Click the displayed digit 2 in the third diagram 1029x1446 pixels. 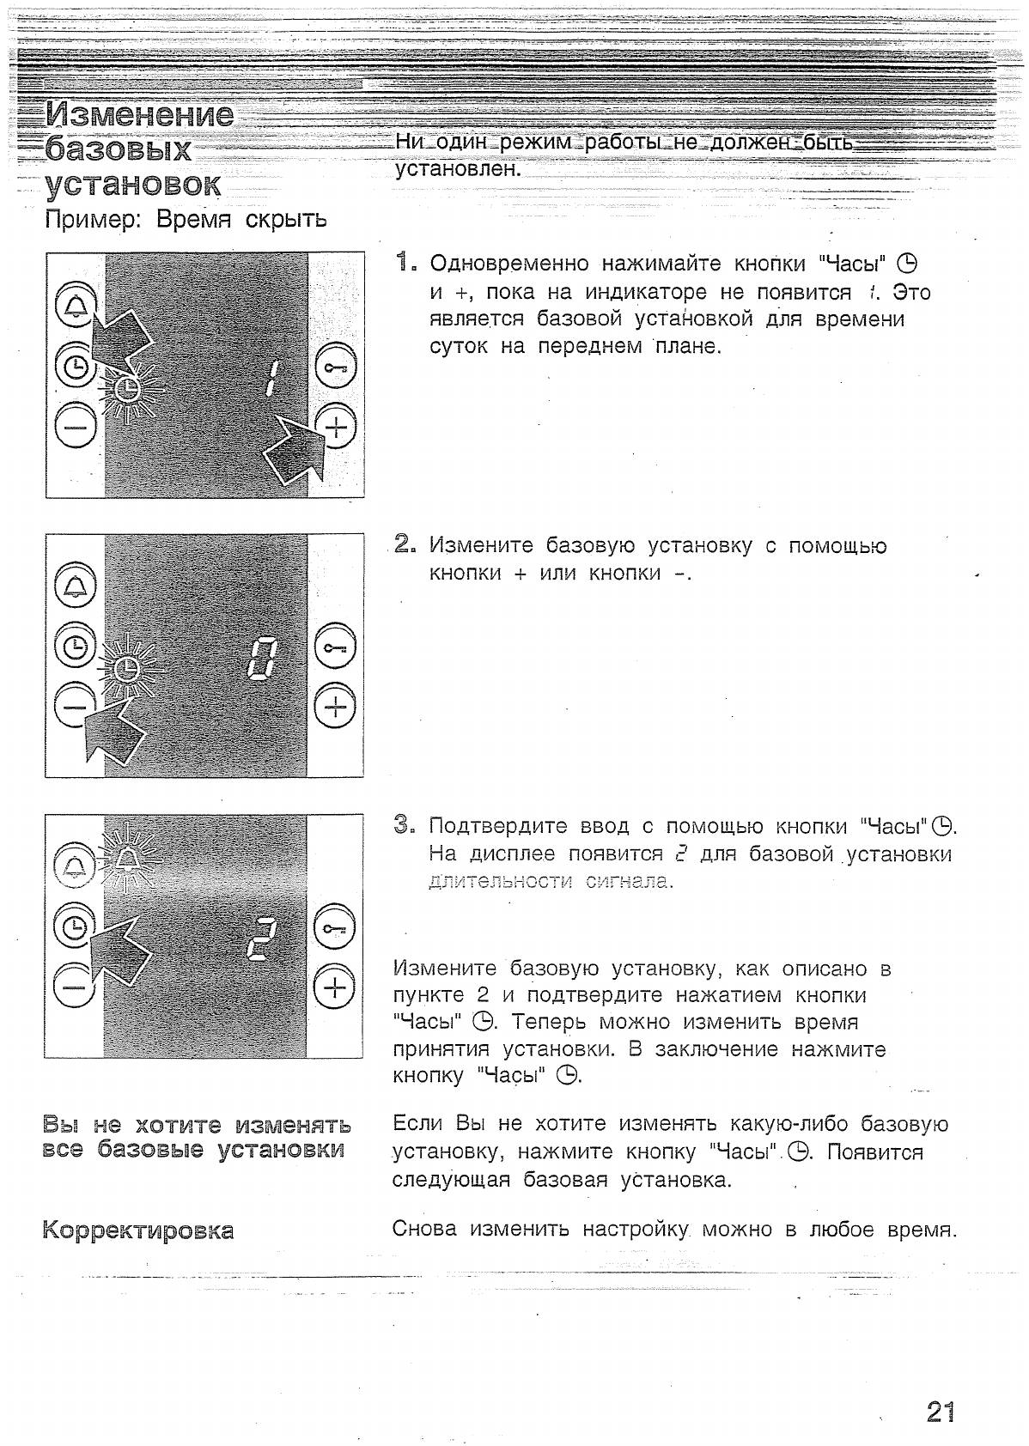[x=260, y=938]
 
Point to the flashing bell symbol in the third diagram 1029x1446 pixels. [x=129, y=858]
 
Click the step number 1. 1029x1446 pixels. [x=405, y=262]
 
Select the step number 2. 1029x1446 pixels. [x=405, y=544]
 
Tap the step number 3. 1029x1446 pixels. [x=405, y=825]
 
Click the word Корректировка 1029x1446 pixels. [x=138, y=1230]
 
